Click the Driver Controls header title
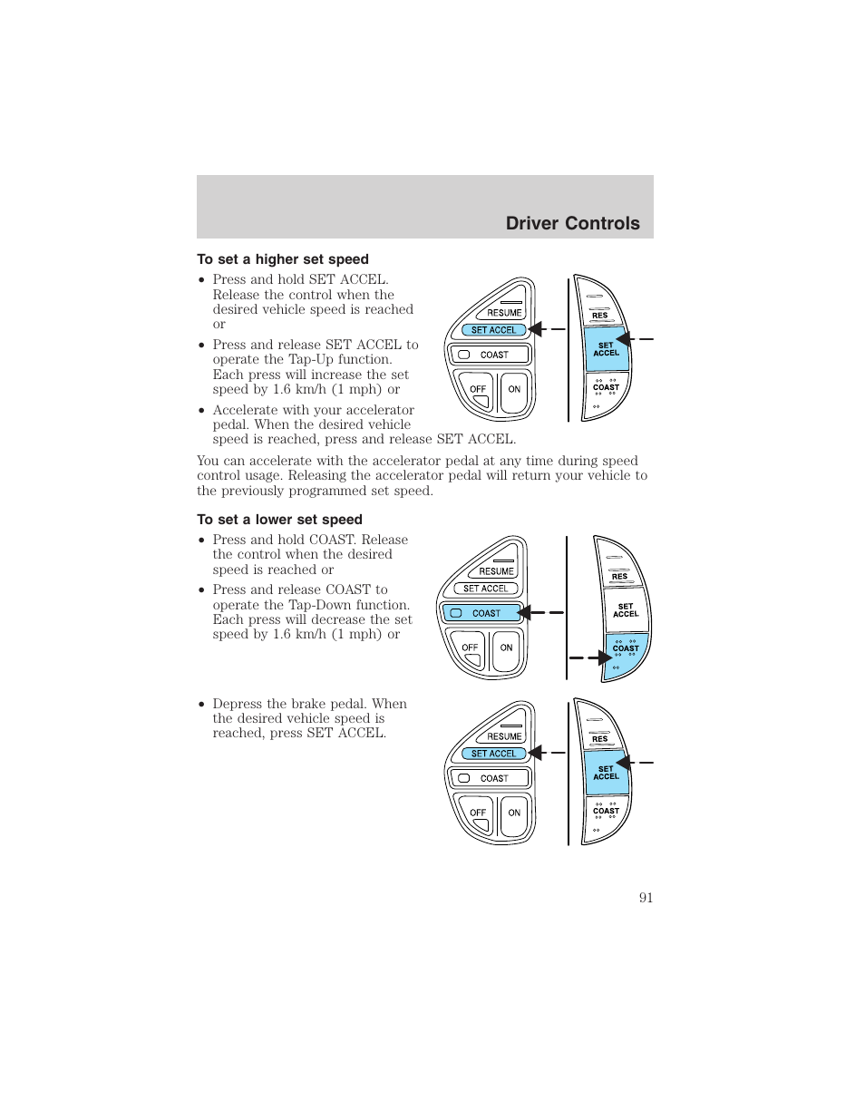pyautogui.click(x=572, y=223)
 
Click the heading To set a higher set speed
pyautogui.click(x=282, y=259)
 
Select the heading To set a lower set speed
pyautogui.click(x=279, y=520)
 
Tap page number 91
pyautogui.click(x=646, y=897)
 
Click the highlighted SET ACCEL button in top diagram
pyautogui.click(x=493, y=330)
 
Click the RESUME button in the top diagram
pyautogui.click(x=504, y=312)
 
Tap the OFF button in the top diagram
pyautogui.click(x=478, y=390)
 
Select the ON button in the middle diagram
pyautogui.click(x=506, y=648)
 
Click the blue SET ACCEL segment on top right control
pyautogui.click(x=606, y=349)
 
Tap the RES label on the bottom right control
pyautogui.click(x=599, y=739)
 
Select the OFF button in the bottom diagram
pyautogui.click(x=478, y=813)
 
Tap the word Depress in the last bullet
pyautogui.click(x=238, y=704)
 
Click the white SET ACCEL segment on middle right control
pyautogui.click(x=626, y=610)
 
